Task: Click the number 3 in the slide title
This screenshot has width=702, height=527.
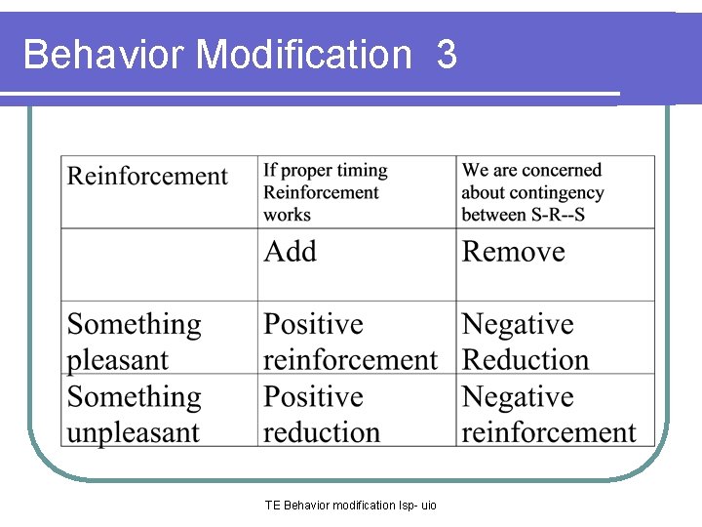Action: pyautogui.click(x=447, y=55)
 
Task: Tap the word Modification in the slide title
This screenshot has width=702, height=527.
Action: pyautogui.click(x=304, y=55)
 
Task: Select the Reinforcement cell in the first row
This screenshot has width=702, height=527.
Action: pyautogui.click(x=147, y=177)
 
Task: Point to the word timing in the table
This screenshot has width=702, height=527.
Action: pyautogui.click(x=363, y=171)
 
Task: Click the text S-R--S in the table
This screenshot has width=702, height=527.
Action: pyautogui.click(x=551, y=214)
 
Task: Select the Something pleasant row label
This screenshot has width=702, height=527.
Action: pyautogui.click(x=134, y=342)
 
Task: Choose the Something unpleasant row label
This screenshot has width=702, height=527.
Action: pyautogui.click(x=134, y=415)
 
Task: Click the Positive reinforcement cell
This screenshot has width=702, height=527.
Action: pyautogui.click(x=350, y=342)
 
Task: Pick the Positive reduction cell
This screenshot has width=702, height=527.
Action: pyautogui.click(x=322, y=415)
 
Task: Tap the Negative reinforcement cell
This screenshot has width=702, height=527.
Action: pyautogui.click(x=548, y=415)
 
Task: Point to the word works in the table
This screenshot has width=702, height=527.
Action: pyautogui.click(x=287, y=214)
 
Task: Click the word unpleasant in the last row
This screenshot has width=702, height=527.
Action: pyautogui.click(x=134, y=432)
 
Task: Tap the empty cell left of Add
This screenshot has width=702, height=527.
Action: pyautogui.click(x=160, y=264)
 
